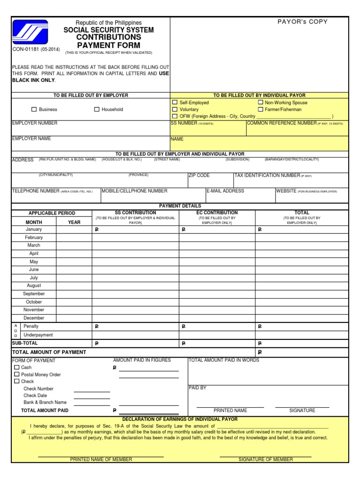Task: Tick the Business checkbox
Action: tap(34, 110)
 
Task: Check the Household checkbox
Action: tap(97, 110)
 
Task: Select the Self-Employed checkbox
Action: tap(175, 102)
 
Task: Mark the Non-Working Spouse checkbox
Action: tap(260, 102)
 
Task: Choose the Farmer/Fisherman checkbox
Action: tap(260, 109)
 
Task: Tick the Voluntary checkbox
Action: tap(175, 109)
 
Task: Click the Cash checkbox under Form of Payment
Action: tap(17, 367)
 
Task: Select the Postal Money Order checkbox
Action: tap(17, 375)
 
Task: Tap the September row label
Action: tap(34, 294)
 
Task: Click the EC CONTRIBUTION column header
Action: tap(217, 213)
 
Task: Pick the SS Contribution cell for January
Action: tap(136, 230)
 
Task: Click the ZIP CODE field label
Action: tap(199, 175)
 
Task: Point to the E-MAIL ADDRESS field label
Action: tap(225, 191)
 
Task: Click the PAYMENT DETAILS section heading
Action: tap(180, 206)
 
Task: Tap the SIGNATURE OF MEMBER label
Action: tap(266, 459)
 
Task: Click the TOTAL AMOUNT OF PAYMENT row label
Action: tap(49, 352)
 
